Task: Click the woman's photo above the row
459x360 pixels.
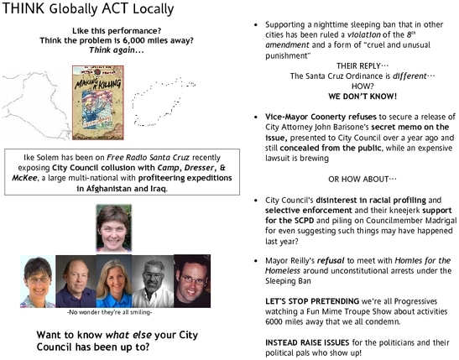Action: [114, 228]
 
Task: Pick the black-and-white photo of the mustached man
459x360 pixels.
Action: [152, 281]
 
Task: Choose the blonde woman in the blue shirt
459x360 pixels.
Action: [114, 282]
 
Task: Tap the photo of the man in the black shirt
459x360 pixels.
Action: [192, 281]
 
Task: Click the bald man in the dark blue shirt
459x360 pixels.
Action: [75, 281]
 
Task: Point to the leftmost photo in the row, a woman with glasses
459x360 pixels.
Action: [37, 282]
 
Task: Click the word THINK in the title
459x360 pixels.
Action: [24, 10]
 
